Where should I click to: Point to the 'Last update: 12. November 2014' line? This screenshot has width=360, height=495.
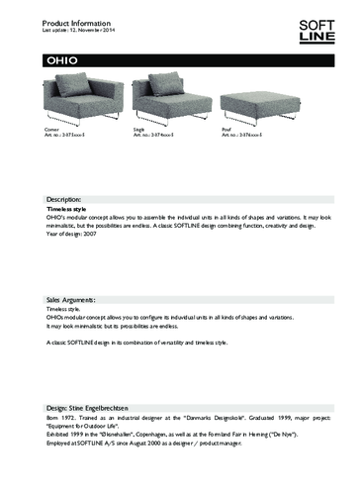coord(76,30)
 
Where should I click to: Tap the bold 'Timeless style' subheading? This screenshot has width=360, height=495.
coord(68,210)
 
